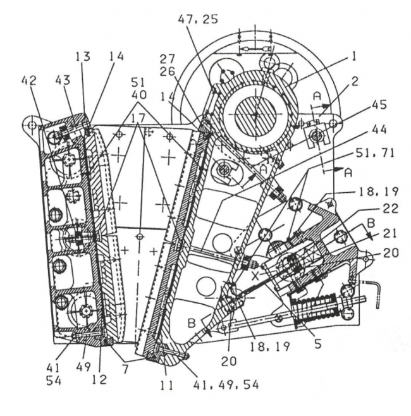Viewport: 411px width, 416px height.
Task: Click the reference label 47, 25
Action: click(x=198, y=20)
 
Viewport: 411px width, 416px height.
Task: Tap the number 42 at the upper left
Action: click(x=29, y=81)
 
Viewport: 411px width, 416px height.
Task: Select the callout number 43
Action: click(x=63, y=80)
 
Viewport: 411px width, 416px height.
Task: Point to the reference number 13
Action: click(x=83, y=56)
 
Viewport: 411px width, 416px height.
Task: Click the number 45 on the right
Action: click(x=379, y=105)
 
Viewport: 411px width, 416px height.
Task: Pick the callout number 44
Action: click(x=379, y=130)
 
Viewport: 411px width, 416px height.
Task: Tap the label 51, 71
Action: click(x=375, y=154)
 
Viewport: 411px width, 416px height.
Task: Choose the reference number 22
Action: click(x=391, y=209)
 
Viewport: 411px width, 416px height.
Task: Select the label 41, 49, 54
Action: click(x=226, y=384)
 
